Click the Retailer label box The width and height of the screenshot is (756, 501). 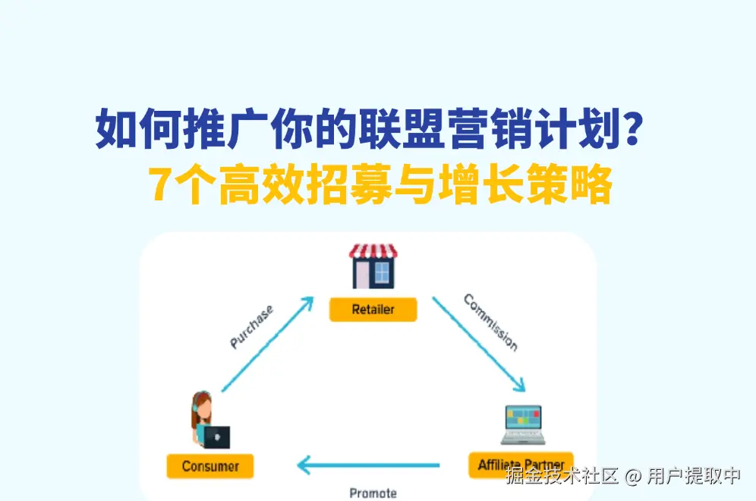373,309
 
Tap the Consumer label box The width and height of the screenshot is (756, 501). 210,466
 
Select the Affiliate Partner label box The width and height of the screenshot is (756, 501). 521,465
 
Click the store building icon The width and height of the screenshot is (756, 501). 373,266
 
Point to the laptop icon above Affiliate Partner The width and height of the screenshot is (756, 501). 523,424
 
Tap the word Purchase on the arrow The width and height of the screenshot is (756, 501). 251,326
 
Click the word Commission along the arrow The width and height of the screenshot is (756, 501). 491,322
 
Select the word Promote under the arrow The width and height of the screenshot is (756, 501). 373,493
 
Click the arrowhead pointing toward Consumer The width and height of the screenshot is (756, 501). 304,465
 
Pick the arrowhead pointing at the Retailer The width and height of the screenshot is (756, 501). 307,304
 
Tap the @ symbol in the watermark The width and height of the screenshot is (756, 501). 632,477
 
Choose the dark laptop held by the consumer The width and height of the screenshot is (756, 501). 216,437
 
